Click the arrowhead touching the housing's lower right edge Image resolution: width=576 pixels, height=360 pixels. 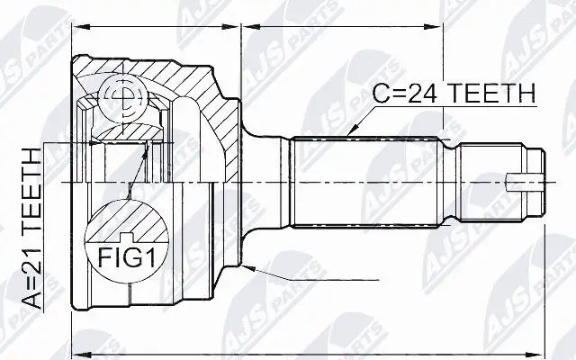[x=255, y=267]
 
